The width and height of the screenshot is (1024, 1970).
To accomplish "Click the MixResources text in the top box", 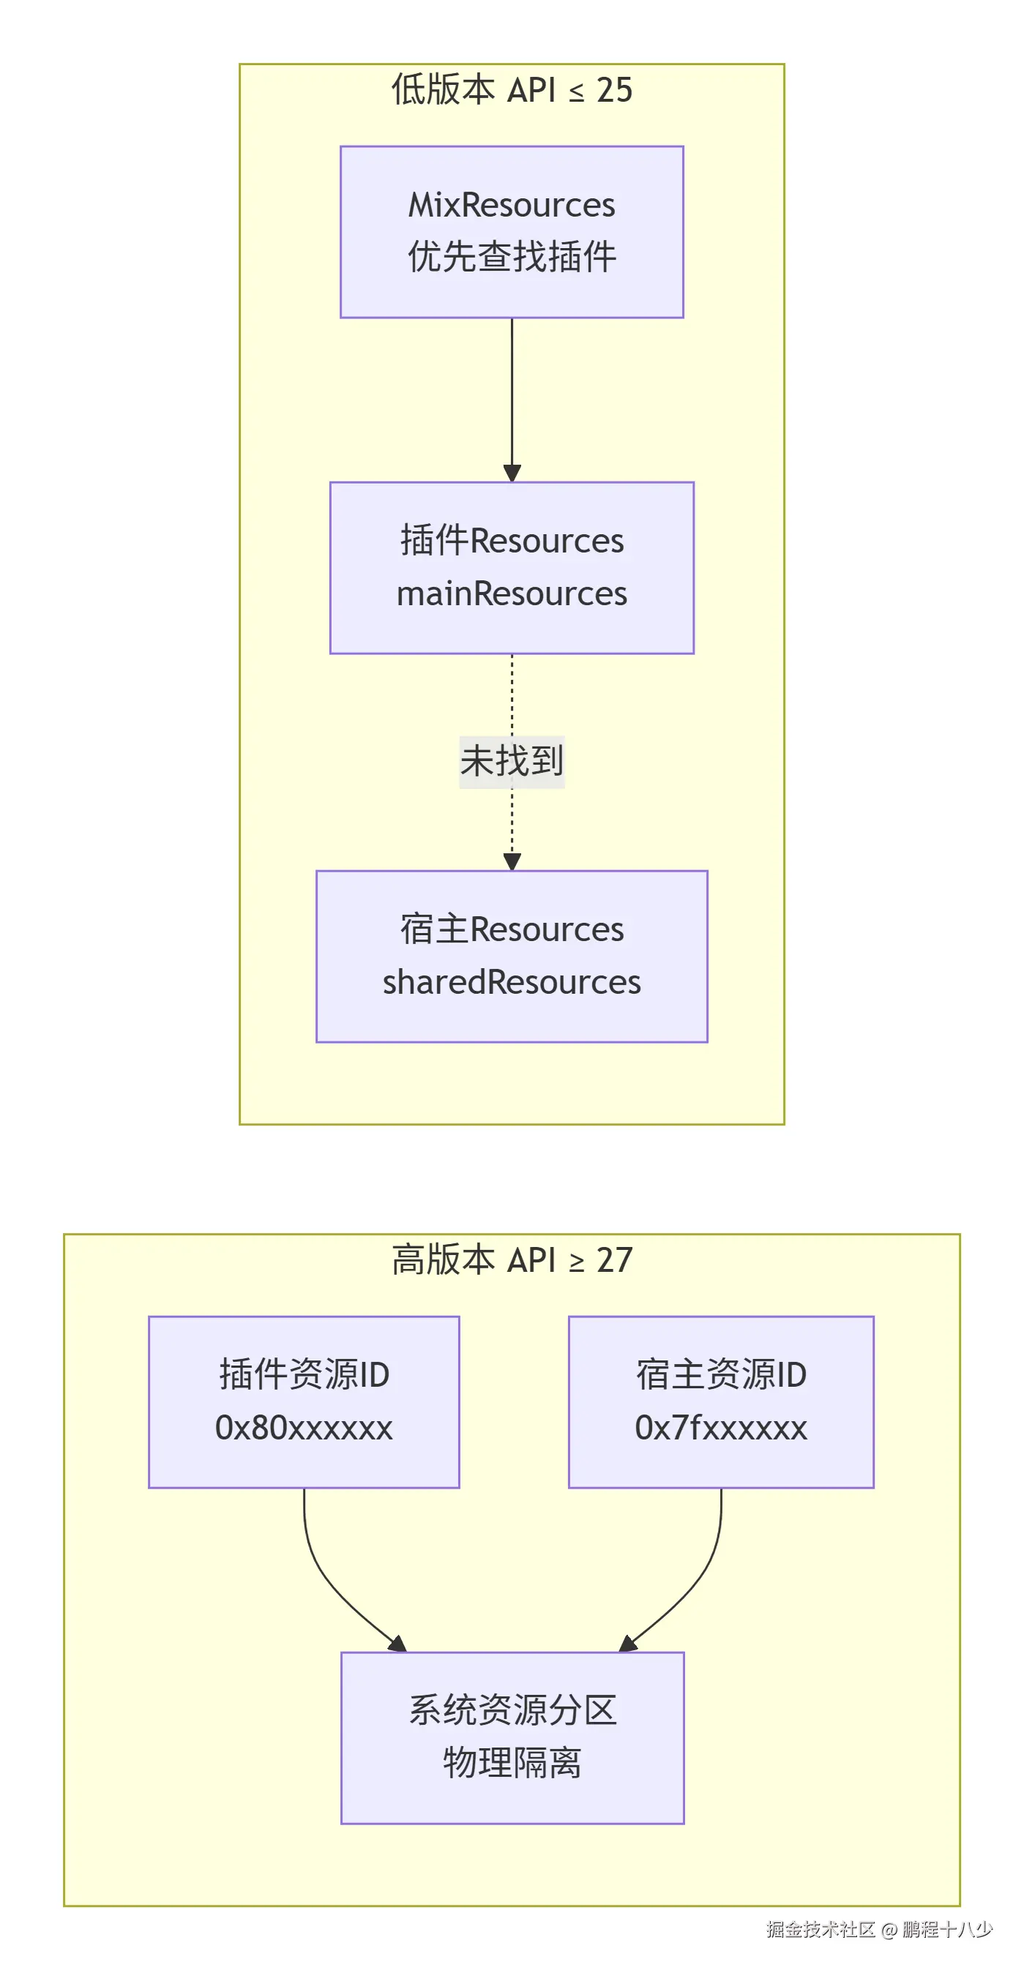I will coord(512,205).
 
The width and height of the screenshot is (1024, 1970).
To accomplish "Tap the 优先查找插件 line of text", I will coord(512,256).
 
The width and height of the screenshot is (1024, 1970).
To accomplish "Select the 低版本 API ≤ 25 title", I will coord(512,90).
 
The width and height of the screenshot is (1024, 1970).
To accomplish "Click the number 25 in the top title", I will coord(614,90).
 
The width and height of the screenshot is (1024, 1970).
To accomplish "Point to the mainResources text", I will coord(512,593).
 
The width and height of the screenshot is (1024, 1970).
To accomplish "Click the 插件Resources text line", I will coord(512,541).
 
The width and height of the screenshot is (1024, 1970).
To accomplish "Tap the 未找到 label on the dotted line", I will coord(512,761).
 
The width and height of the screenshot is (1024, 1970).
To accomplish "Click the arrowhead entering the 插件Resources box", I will coord(512,473).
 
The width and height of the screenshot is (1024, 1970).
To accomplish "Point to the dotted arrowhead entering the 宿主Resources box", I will coord(512,861).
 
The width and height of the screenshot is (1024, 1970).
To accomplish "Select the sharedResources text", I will coord(512,982).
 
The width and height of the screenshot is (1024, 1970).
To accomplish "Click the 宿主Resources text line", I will coord(512,929).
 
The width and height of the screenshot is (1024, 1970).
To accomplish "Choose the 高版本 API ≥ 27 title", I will coord(512,1259).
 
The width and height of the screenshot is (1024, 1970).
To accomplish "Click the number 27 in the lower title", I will coord(614,1259).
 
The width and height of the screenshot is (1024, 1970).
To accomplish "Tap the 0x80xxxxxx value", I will coord(304,1428).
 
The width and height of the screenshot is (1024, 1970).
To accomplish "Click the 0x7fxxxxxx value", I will coord(720,1428).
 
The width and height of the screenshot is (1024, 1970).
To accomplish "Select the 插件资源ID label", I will coord(304,1374).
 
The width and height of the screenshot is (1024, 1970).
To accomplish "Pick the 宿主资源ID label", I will coord(720,1374).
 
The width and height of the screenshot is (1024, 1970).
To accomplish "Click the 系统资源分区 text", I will coord(512,1710).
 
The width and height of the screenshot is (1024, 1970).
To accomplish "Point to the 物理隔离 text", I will coord(512,1763).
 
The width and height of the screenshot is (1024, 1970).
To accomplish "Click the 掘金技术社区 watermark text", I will coord(820,1930).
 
